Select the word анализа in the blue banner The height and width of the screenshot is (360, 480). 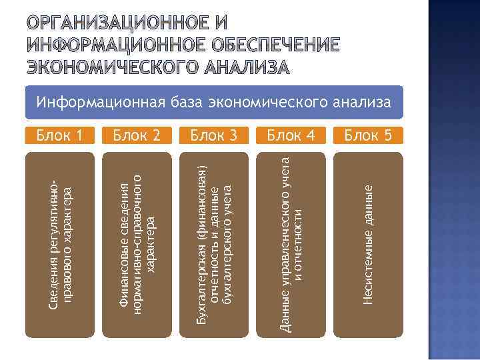coord(359,103)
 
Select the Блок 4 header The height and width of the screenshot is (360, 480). coord(291,136)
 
